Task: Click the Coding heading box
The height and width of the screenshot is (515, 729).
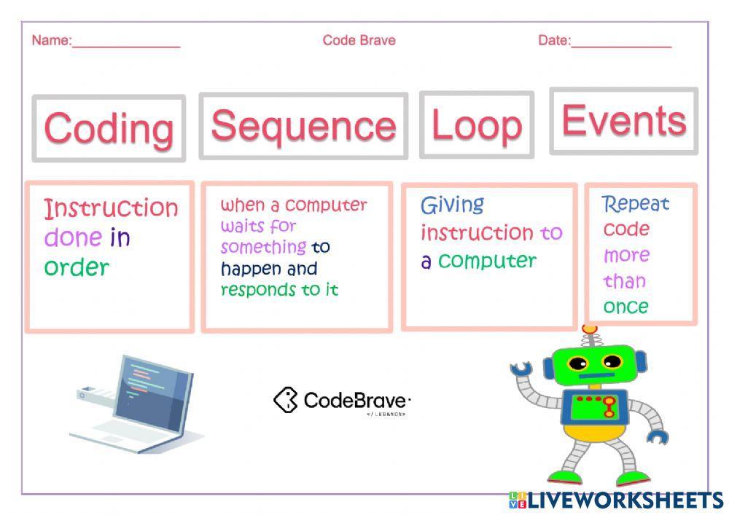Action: coord(109,128)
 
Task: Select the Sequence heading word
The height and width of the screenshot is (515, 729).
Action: coord(303,125)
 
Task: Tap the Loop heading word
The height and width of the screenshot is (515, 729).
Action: coord(476,125)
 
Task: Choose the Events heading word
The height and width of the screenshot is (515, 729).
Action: coord(623,120)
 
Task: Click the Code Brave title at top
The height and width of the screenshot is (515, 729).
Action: coord(359,40)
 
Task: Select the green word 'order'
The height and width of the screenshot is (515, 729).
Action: coord(77,267)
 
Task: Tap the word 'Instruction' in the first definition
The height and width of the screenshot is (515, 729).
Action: coord(111,208)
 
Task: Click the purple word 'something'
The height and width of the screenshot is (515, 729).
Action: coord(263,248)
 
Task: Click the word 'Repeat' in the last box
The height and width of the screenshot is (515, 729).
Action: coord(635,204)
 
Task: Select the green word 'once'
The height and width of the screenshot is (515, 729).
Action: coord(625,307)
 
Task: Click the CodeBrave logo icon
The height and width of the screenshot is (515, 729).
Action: coord(286,399)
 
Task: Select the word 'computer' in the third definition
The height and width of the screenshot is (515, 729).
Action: coord(487,261)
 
